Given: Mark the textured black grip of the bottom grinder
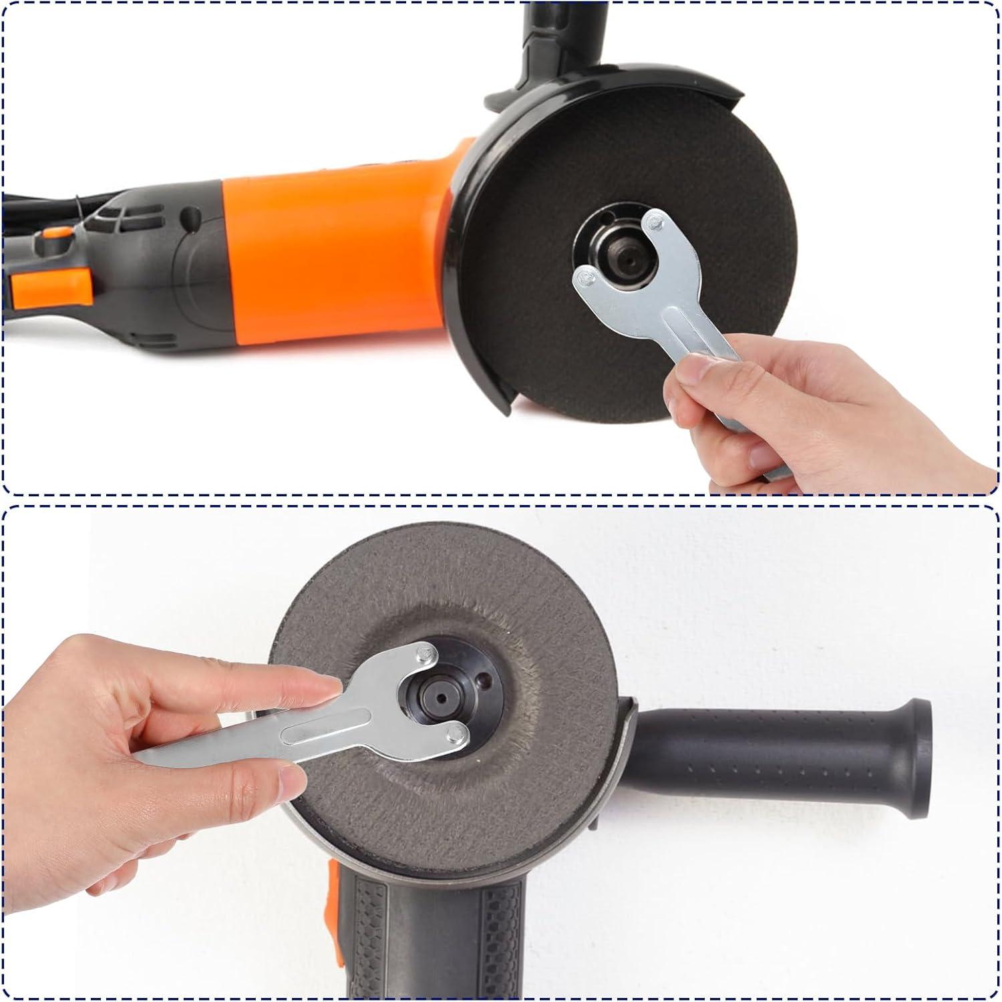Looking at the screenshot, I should [434, 935].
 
